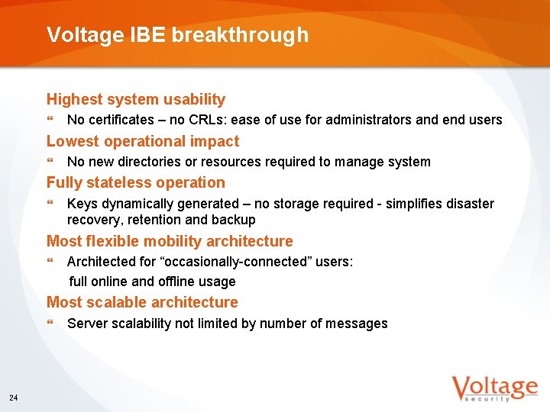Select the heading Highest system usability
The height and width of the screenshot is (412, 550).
pyautogui.click(x=136, y=99)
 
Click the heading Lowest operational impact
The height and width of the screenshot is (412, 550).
pyautogui.click(x=143, y=141)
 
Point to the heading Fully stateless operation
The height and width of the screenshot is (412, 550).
pyautogui.click(x=136, y=182)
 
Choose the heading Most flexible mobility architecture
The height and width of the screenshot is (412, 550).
pyautogui.click(x=170, y=241)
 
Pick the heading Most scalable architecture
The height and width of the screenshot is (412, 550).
pyautogui.click(x=142, y=302)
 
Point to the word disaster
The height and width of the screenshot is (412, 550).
pyautogui.click(x=470, y=204)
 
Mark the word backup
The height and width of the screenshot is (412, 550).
pyautogui.click(x=235, y=220)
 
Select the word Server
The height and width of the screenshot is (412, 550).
pyautogui.click(x=86, y=323)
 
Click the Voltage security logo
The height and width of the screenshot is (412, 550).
pyautogui.click(x=493, y=388)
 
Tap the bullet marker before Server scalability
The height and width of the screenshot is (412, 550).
pyautogui.click(x=50, y=323)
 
